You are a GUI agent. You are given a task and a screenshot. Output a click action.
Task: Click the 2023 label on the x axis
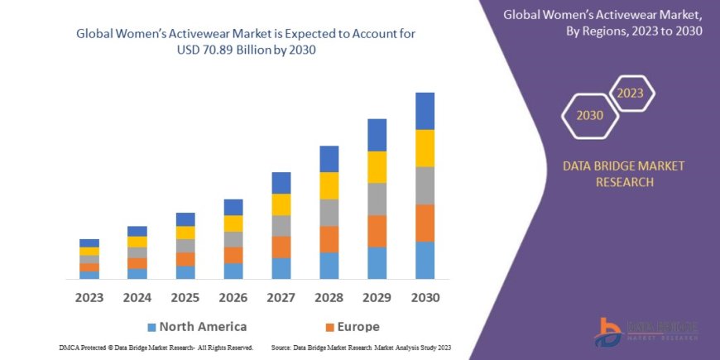click(89, 296)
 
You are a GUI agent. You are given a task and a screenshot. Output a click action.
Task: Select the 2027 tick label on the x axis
click(281, 296)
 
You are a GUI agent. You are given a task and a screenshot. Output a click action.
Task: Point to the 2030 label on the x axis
click(425, 296)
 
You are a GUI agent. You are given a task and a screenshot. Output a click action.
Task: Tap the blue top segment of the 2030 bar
click(425, 111)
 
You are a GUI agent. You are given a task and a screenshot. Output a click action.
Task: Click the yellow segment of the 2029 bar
click(377, 167)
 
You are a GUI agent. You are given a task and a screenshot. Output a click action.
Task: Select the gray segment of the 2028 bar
click(329, 213)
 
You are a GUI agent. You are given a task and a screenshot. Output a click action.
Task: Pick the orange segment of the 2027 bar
click(281, 247)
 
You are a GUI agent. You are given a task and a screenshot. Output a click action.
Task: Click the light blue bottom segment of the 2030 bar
click(425, 260)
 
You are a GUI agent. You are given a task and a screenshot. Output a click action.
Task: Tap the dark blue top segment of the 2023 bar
click(89, 242)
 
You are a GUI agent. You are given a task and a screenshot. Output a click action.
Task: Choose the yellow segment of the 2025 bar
click(185, 233)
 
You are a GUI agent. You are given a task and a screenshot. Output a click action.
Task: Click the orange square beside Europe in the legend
click(330, 327)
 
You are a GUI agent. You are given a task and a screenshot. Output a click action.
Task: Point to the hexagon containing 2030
click(590, 116)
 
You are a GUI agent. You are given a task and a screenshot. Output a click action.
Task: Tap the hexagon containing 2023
click(630, 93)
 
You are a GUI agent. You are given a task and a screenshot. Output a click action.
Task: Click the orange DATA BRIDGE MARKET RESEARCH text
click(624, 174)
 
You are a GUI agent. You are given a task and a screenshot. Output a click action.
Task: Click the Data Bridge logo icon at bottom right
click(608, 332)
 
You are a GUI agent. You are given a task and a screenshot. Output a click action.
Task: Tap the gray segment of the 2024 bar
click(137, 252)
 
